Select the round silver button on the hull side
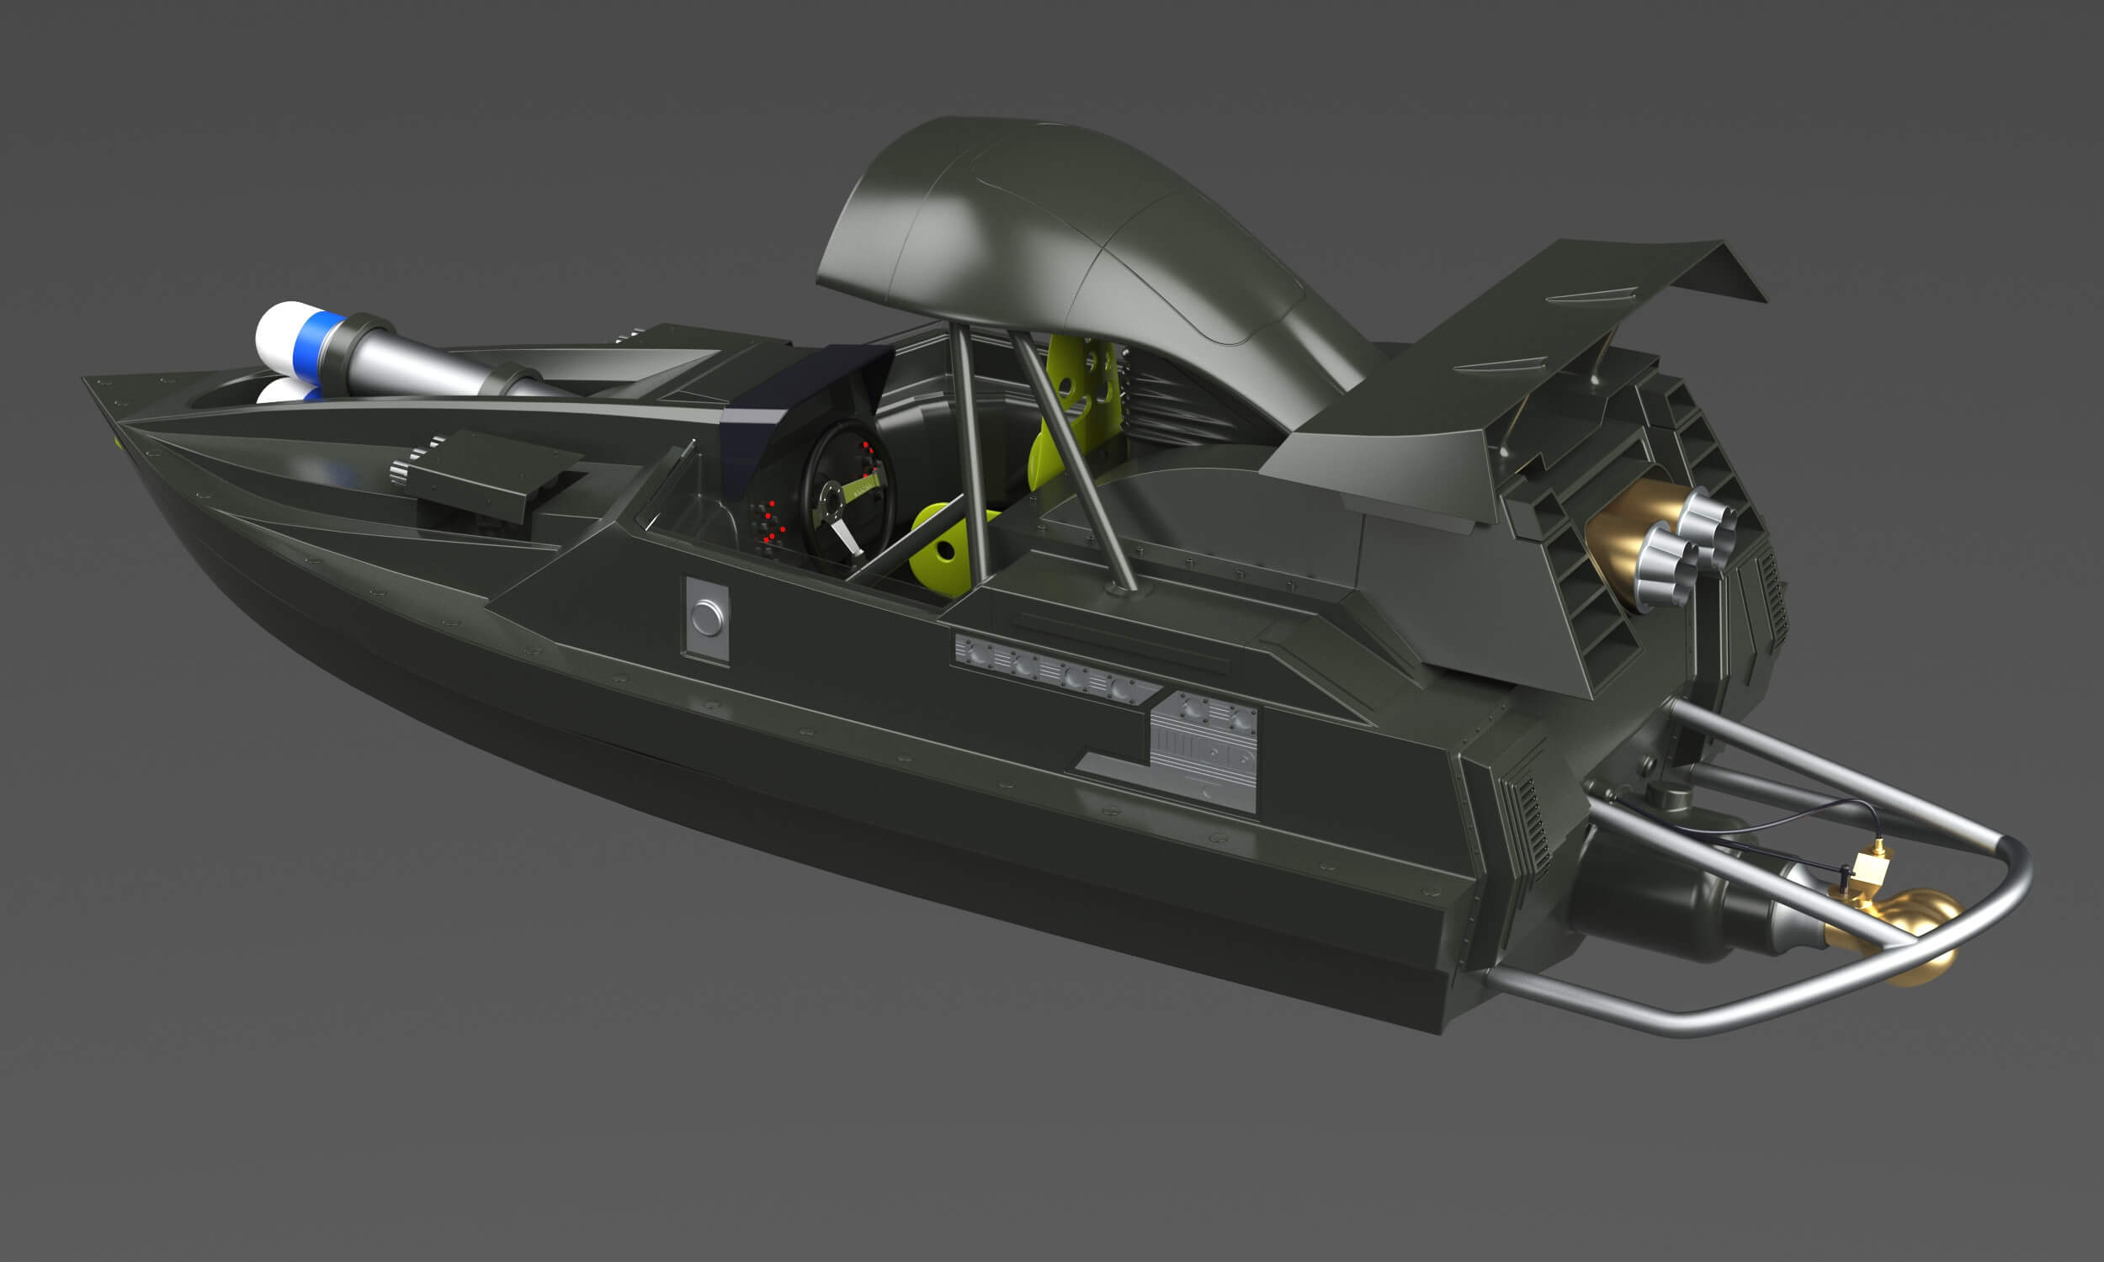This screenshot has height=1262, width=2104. tap(706, 618)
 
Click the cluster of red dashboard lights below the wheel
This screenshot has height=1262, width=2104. tap(770, 523)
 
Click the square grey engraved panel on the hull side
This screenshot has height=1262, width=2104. tap(1203, 748)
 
